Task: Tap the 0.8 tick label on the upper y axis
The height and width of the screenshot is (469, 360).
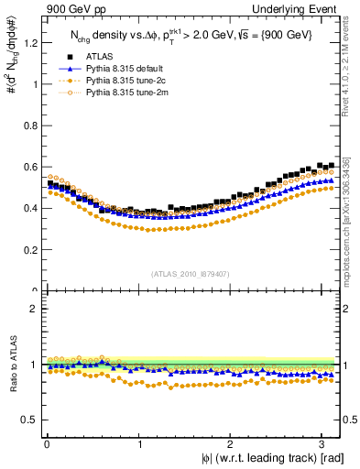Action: tap(28, 125)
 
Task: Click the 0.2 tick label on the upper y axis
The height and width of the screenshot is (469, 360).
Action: tap(28, 249)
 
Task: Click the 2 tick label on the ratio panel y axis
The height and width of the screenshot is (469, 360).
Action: tap(32, 309)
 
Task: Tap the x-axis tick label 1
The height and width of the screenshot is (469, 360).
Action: tap(139, 445)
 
